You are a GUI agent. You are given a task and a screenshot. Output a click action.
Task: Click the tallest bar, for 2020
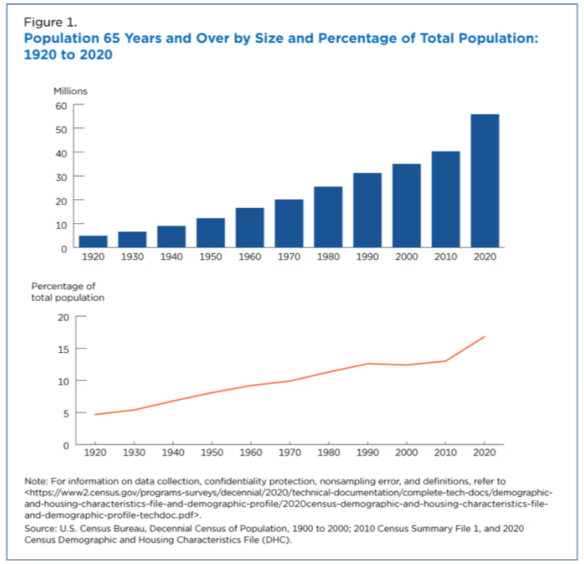pos(484,181)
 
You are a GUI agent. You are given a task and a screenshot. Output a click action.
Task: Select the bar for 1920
pos(93,241)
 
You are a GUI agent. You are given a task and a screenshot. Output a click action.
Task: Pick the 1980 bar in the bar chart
pos(328,217)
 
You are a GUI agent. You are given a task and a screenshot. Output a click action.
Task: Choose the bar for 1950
pos(210,232)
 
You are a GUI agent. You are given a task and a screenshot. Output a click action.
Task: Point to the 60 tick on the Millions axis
pos(61,105)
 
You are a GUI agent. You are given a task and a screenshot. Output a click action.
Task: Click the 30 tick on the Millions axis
pos(61,176)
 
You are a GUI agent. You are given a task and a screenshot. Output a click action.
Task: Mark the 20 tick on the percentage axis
pos(63,317)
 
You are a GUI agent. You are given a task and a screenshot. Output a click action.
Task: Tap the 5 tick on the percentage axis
pos(66,413)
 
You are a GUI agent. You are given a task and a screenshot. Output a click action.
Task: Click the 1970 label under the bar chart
pos(289,258)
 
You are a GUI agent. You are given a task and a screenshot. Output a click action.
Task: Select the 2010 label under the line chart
pos(445,454)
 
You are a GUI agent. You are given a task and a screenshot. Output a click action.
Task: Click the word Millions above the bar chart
pos(70,91)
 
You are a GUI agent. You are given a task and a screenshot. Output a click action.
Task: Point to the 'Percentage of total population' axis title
pos(68,292)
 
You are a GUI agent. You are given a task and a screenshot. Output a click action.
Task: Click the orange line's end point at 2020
pos(484,337)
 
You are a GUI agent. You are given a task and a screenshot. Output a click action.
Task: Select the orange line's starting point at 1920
pos(95,414)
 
